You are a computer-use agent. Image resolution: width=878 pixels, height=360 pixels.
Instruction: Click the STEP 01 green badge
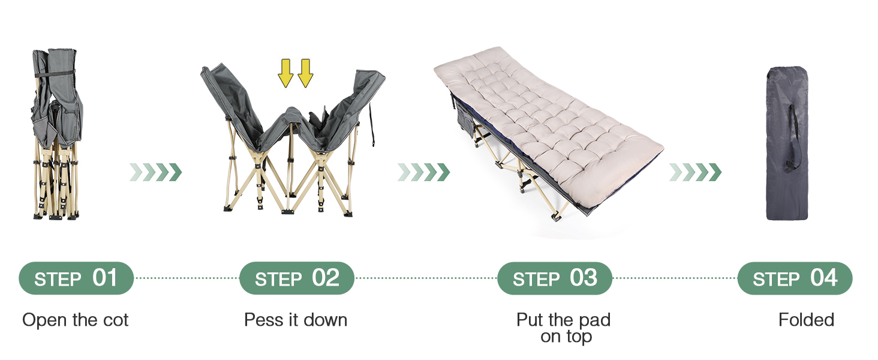pos(76,278)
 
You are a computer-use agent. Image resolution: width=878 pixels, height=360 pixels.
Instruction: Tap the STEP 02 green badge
pos(297,278)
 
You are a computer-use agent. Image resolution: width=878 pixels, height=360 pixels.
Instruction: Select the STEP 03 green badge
pos(555,278)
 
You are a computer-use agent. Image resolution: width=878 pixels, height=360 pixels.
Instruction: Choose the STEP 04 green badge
pos(795,278)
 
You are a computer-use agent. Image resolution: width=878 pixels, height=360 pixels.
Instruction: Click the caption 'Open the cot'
pos(75,320)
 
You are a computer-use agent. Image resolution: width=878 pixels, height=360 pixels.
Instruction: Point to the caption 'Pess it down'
pos(296,320)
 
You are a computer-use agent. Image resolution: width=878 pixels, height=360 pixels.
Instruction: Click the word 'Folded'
pos(806,320)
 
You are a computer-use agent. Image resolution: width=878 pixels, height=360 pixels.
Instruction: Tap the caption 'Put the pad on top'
pos(564,328)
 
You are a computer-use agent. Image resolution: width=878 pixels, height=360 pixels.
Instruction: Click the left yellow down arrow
pos(285,73)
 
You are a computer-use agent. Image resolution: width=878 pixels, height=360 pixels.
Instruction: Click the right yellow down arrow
pos(305,73)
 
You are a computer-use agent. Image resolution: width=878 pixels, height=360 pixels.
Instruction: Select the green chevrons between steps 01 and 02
pos(155,172)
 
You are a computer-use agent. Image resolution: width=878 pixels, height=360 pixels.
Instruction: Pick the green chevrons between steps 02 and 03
pos(424,172)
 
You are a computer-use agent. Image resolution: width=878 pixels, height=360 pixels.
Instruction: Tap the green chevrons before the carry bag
pos(695,172)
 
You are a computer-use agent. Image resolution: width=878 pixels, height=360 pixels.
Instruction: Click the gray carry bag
pos(787,143)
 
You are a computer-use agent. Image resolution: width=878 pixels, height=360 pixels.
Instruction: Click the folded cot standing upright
pos(56,134)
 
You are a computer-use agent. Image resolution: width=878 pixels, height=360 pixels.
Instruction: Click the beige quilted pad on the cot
pos(549,125)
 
